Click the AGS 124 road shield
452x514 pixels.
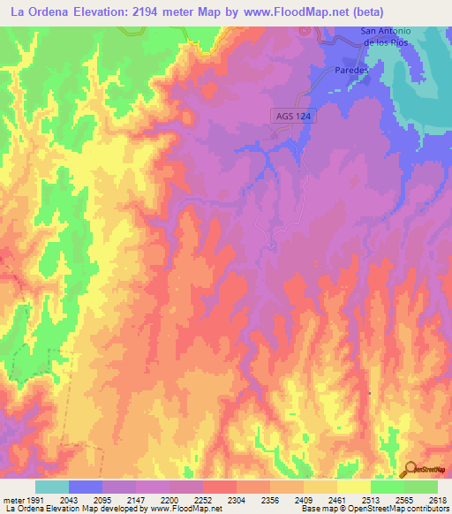click(292, 116)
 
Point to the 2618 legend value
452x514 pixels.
click(437, 500)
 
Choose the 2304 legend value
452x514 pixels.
click(236, 500)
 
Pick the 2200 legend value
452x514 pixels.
click(169, 500)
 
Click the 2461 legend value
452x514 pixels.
click(336, 500)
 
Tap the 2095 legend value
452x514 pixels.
click(102, 500)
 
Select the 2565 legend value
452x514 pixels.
click(403, 500)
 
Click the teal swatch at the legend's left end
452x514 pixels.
click(51, 487)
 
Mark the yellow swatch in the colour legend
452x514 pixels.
click(353, 487)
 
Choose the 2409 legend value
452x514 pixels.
click(303, 500)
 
